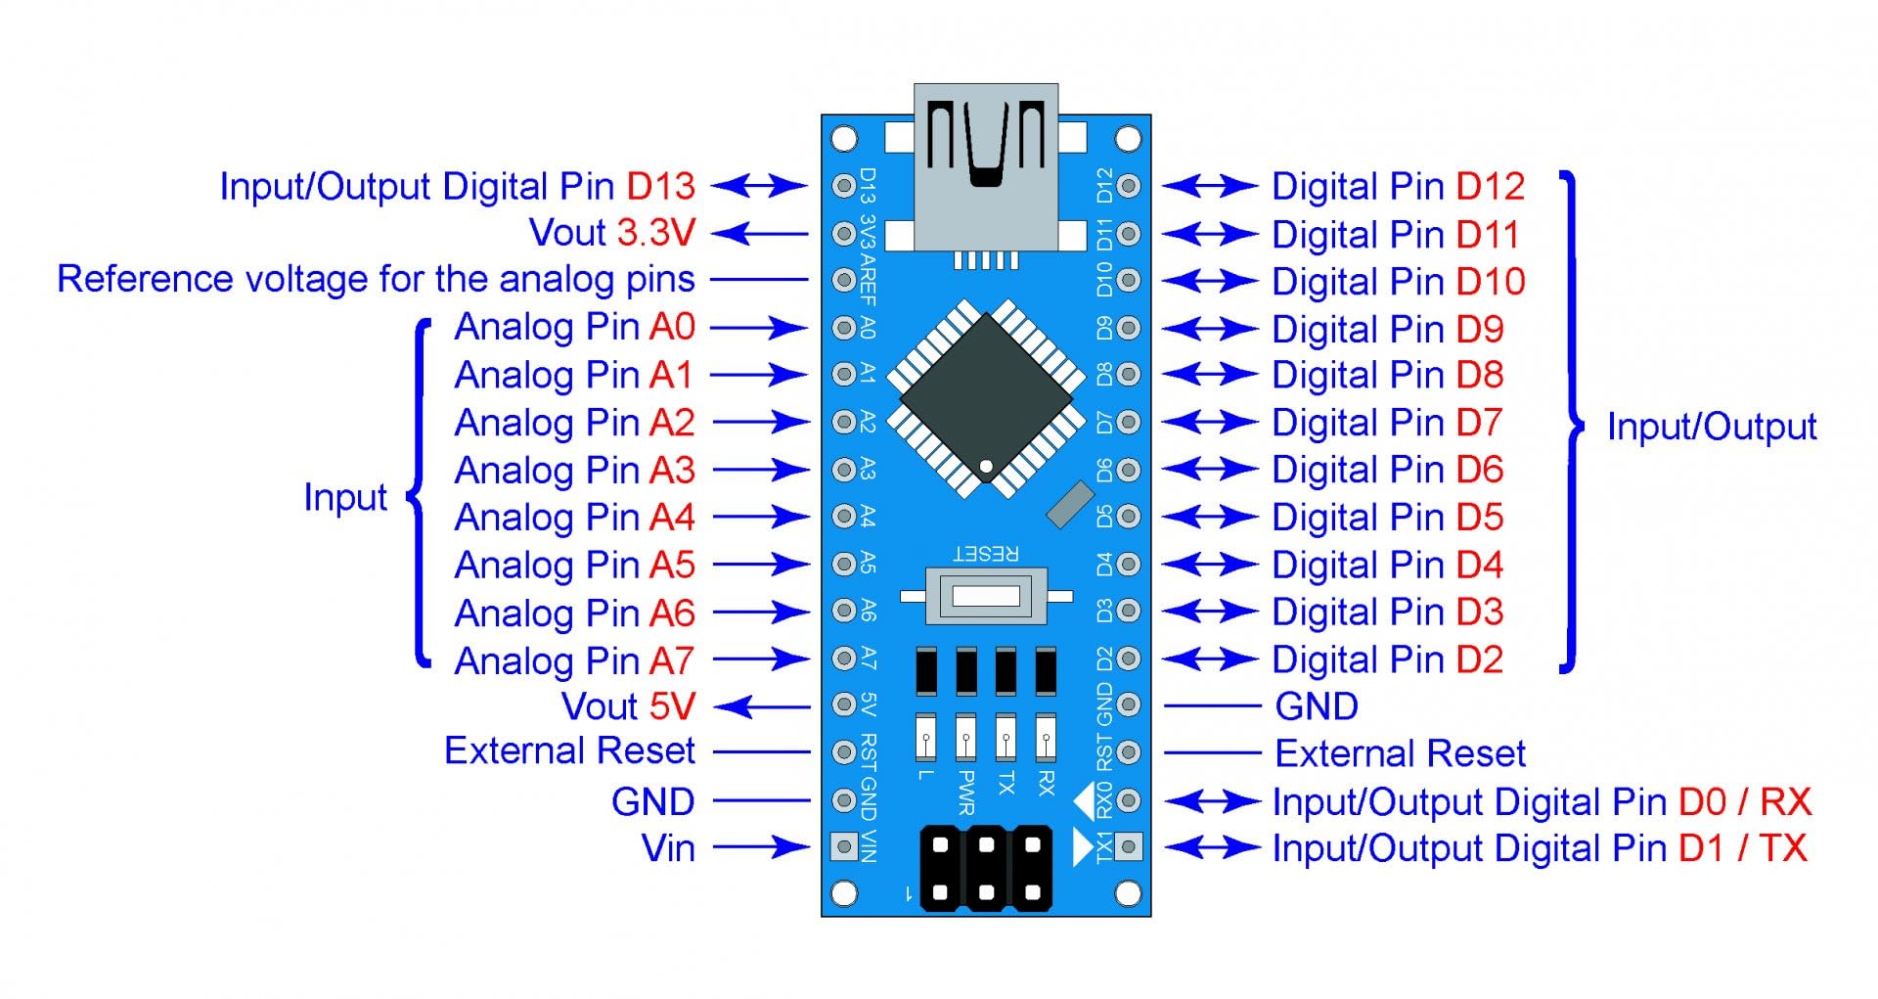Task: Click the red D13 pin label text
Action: tap(660, 186)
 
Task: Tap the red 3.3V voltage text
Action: tap(655, 233)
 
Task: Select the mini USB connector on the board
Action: tap(986, 166)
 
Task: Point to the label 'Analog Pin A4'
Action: tap(574, 517)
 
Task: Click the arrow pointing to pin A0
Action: tap(760, 327)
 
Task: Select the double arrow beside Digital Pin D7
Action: tap(1209, 423)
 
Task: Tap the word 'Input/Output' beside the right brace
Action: tap(1711, 427)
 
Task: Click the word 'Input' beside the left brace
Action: tap(345, 497)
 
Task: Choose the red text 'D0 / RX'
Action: tap(1745, 801)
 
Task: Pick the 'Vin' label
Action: tap(668, 847)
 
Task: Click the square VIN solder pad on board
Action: tap(843, 845)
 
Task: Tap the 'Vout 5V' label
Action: tap(628, 705)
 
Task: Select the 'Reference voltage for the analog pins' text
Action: tap(376, 280)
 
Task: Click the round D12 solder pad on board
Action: tap(1129, 186)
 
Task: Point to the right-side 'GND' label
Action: tap(1317, 705)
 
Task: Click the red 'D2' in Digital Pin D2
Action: tap(1479, 659)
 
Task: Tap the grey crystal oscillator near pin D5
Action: tap(1069, 503)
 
